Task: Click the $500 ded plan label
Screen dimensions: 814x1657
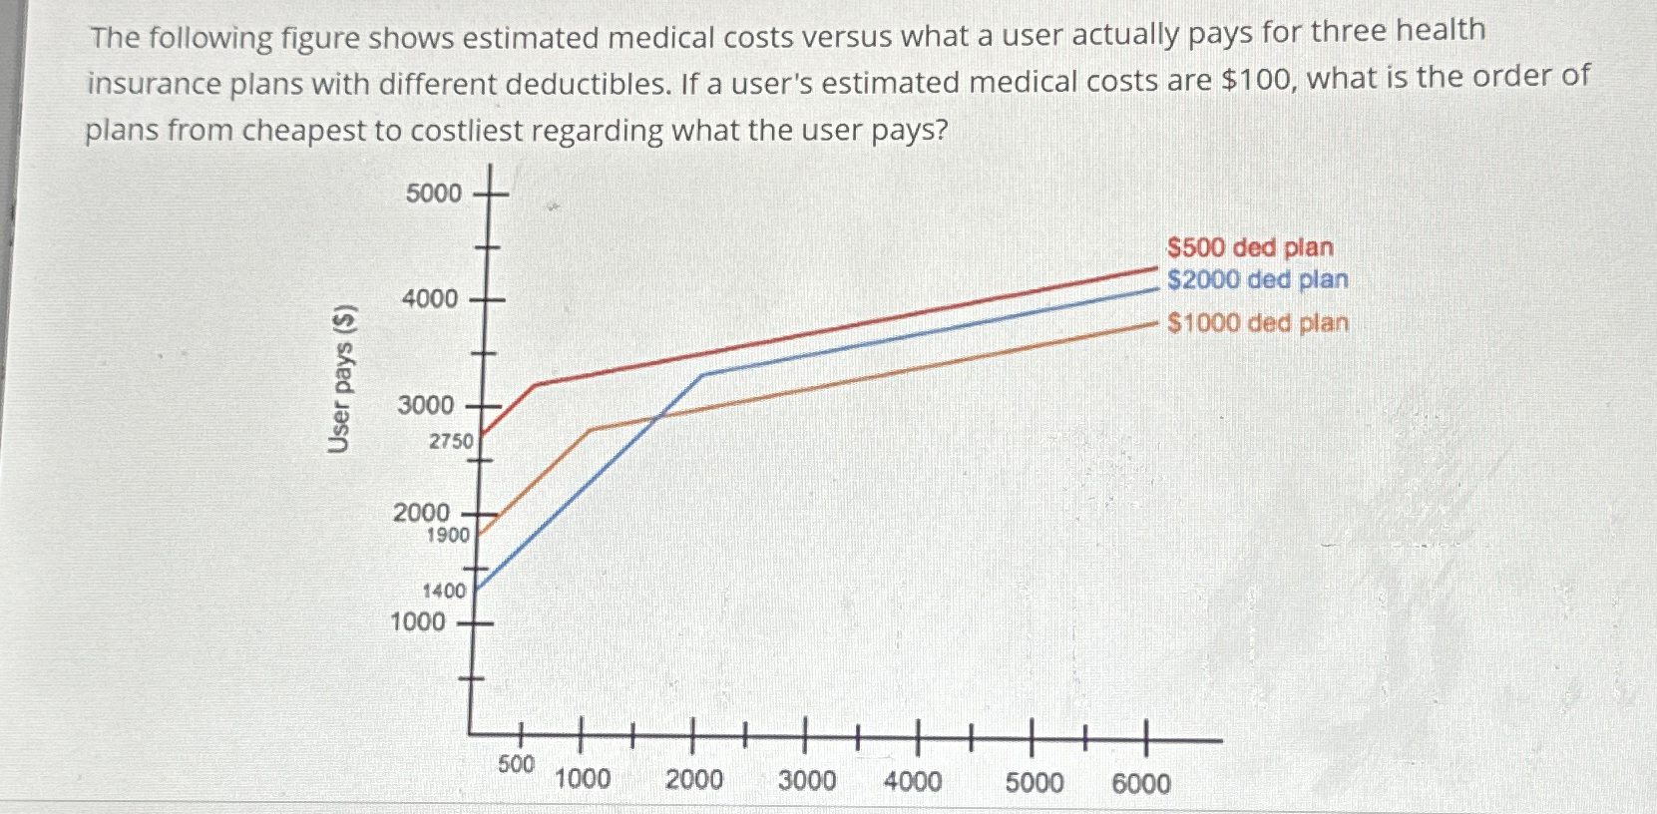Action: click(x=1249, y=247)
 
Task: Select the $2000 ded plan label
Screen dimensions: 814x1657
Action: click(x=1257, y=280)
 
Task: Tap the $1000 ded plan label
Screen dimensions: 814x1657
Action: click(x=1257, y=323)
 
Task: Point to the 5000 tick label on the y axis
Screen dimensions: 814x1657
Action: click(x=434, y=193)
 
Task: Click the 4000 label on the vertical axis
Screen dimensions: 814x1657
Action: click(x=429, y=298)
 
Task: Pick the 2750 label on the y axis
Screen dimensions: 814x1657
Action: click(x=451, y=440)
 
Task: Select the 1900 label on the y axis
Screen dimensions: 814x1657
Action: click(x=448, y=535)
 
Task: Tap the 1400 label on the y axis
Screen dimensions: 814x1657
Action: click(x=444, y=591)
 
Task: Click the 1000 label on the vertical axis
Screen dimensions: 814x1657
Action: click(x=418, y=621)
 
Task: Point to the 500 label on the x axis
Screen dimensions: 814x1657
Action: click(x=516, y=764)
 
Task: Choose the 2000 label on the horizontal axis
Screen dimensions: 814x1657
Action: click(x=694, y=779)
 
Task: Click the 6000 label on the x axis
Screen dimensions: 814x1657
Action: click(x=1141, y=783)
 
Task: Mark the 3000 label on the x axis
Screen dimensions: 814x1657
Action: click(x=807, y=779)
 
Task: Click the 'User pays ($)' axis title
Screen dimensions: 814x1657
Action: click(x=341, y=379)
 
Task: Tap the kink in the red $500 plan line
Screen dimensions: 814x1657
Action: click(x=536, y=385)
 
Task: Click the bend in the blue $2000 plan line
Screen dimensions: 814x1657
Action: click(x=703, y=374)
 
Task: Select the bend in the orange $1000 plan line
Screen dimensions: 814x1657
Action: click(x=592, y=429)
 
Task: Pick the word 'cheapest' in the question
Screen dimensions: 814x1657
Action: click(x=305, y=131)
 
